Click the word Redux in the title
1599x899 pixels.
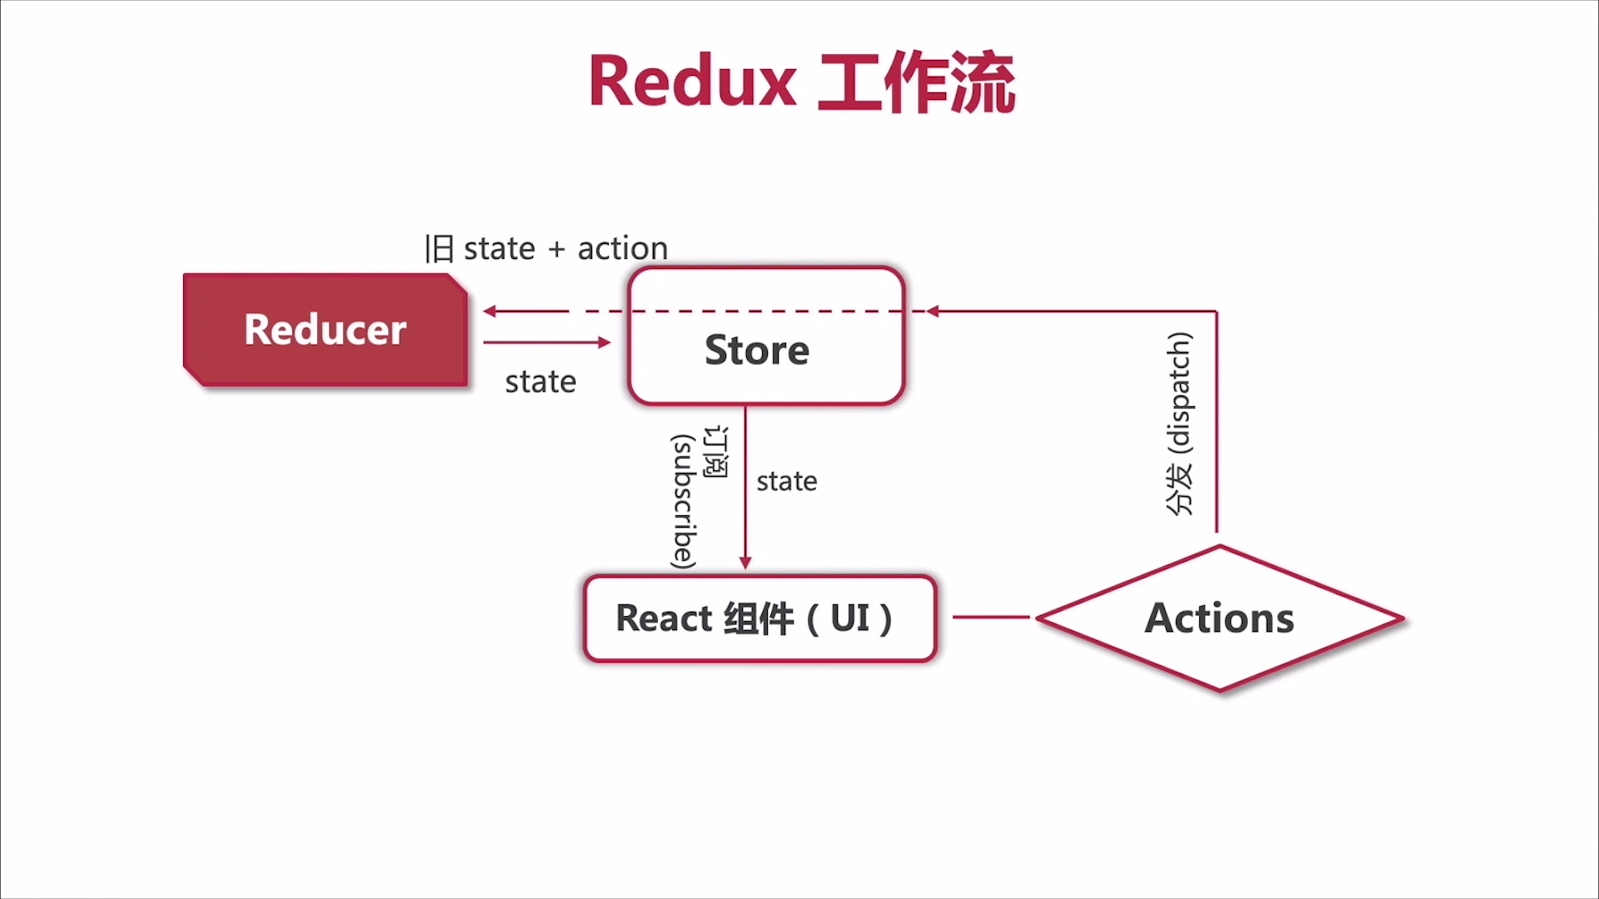(x=692, y=82)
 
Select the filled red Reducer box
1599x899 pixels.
(x=325, y=330)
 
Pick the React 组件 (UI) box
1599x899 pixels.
(x=760, y=618)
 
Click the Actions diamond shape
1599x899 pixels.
(x=1219, y=618)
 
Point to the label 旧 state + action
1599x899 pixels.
(x=546, y=248)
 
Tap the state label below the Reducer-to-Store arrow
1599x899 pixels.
(x=540, y=382)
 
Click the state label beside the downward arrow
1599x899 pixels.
(x=786, y=481)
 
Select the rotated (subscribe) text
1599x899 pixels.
(x=684, y=501)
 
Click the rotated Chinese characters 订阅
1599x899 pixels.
(x=716, y=452)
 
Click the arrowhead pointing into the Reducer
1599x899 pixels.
(x=490, y=311)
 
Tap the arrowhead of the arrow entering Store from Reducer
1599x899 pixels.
(x=605, y=342)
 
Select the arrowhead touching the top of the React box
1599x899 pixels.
(x=745, y=564)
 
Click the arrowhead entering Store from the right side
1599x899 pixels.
(x=933, y=311)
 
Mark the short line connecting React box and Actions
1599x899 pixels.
(x=991, y=618)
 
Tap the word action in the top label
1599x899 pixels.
(x=622, y=248)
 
